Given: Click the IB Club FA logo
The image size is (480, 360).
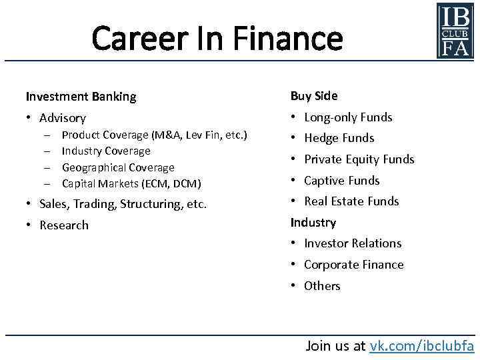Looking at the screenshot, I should tap(455, 30).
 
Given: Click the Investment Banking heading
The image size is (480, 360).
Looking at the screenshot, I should tap(81, 97).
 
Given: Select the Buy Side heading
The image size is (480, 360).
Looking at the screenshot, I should tap(314, 96).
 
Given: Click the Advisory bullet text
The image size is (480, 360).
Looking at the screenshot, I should tap(63, 118).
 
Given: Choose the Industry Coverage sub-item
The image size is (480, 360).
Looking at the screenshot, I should tap(106, 151).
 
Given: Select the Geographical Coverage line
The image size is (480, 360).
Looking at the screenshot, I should tap(118, 167).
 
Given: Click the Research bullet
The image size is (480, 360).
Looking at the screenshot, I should tap(64, 225).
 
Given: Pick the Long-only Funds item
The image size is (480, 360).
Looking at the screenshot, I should tap(348, 117).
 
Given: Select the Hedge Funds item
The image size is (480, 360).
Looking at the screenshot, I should tap(339, 139).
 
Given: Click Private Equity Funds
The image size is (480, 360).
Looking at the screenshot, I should tap(359, 159).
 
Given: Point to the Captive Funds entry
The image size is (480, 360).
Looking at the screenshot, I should tap(341, 181).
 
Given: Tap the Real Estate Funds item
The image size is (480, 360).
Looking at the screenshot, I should tap(351, 201).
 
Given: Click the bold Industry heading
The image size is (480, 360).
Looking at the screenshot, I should tap(313, 223).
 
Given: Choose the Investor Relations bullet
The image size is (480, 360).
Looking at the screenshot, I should tap(353, 243).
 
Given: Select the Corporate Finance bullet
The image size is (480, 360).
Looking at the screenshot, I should tap(353, 265).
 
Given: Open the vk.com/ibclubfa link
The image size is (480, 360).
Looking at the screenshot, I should tap(421, 345).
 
